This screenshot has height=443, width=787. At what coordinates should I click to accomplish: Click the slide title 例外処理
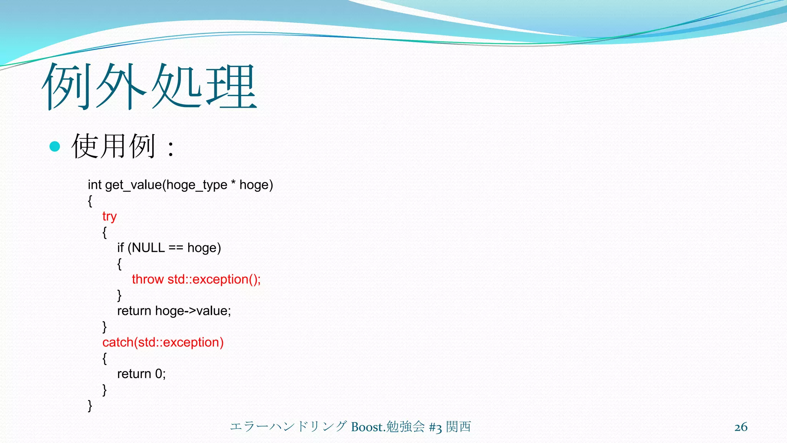pos(149,87)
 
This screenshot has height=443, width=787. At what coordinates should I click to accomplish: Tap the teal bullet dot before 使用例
pos(55,146)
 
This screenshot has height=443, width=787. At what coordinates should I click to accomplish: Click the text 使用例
pos(114,146)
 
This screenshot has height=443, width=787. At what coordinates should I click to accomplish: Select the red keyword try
pos(109,217)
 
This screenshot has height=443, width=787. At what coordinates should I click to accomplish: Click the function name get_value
pos(133,185)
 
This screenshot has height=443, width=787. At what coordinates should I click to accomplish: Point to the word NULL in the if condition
pos(148,248)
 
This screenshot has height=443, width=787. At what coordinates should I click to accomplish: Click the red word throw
pos(148,279)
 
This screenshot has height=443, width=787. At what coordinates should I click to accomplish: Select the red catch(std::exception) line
pos(163,342)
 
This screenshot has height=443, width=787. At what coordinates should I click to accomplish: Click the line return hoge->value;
pos(174,311)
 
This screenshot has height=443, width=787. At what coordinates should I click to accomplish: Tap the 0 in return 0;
pos(159,374)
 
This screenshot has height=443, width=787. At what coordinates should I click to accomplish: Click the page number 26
pos(741,427)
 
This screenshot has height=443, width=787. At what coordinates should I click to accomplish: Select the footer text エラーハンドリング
pos(288,426)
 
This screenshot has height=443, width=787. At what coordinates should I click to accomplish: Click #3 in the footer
pos(435,427)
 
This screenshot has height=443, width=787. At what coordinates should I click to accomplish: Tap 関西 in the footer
pos(458,426)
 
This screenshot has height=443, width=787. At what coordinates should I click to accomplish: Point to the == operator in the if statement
pos(176,248)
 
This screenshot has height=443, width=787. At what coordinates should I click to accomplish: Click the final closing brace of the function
pos(90,406)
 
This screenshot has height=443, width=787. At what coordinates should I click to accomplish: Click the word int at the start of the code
pos(95,185)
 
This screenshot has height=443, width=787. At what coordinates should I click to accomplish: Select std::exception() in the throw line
pos(214,279)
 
